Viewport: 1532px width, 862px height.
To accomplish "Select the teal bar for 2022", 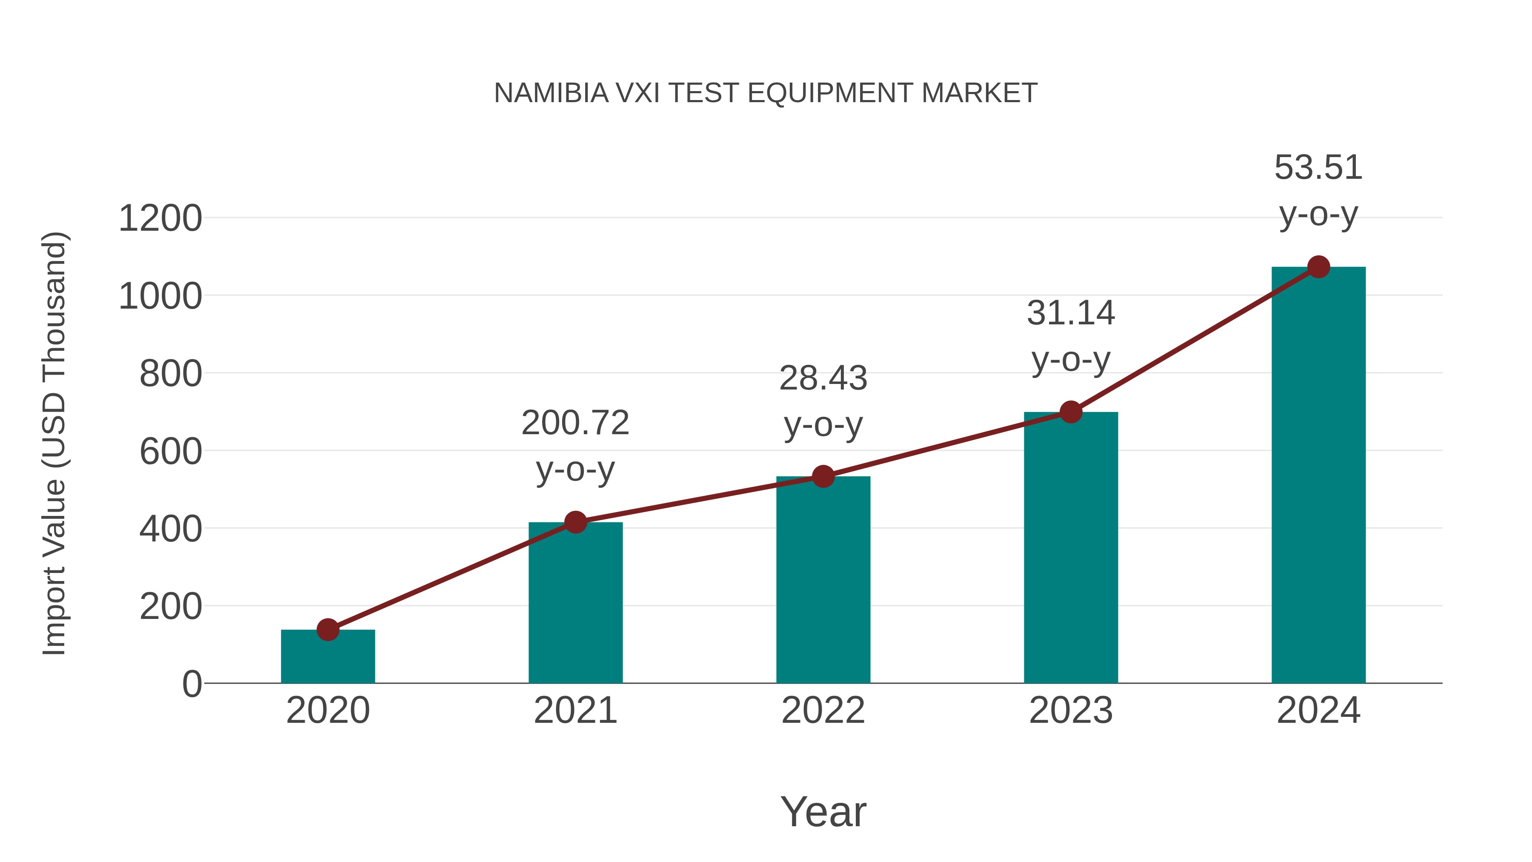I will point(823,580).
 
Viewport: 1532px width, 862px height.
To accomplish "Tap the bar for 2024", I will point(1318,476).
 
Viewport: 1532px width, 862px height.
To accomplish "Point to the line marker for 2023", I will point(1071,412).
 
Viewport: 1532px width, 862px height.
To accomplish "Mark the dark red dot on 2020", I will point(328,630).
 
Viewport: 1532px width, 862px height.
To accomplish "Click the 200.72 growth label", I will point(575,423).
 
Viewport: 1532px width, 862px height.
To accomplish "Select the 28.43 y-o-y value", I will point(823,378).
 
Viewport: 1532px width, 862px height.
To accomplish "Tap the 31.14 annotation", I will point(1071,313).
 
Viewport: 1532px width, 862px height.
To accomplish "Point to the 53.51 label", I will point(1318,167).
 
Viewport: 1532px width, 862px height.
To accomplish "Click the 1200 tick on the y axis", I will point(160,218).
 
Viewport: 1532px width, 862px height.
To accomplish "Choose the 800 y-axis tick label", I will point(171,374).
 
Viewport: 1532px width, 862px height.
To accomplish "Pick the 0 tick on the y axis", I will point(191,684).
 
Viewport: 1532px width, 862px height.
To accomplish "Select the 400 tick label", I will point(171,529).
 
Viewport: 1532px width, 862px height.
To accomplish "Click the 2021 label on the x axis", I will point(575,710).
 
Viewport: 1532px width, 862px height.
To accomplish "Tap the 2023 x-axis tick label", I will point(1071,710).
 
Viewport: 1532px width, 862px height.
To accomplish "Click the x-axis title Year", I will point(823,811).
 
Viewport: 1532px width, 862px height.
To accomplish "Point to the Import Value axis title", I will point(54,443).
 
